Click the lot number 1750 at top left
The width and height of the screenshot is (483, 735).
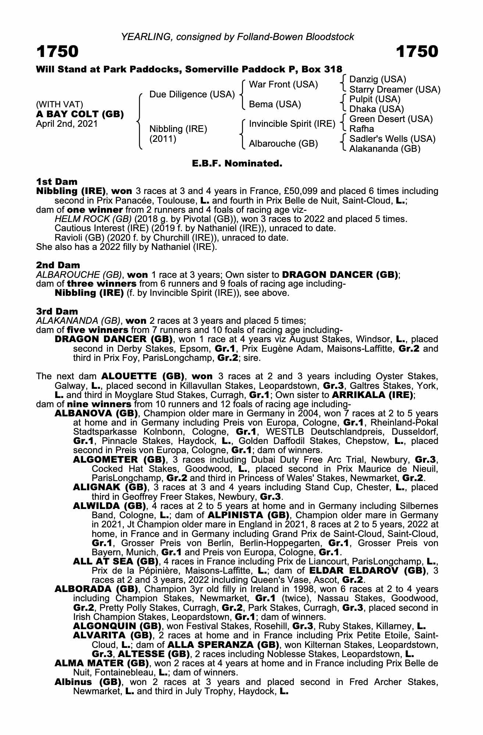click(57, 52)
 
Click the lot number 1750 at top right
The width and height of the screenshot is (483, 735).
click(417, 52)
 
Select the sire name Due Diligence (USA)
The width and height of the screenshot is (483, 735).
click(192, 94)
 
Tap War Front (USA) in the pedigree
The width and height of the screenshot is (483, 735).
click(283, 85)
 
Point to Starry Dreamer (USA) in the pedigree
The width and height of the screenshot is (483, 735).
click(394, 90)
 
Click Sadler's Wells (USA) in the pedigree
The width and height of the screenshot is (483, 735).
click(392, 139)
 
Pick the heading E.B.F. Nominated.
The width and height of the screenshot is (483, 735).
click(237, 164)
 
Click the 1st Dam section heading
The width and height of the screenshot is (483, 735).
click(57, 182)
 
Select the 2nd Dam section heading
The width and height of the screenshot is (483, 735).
click(58, 265)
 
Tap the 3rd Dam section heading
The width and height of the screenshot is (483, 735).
click(57, 311)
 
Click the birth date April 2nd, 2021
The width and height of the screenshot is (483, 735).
click(67, 124)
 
